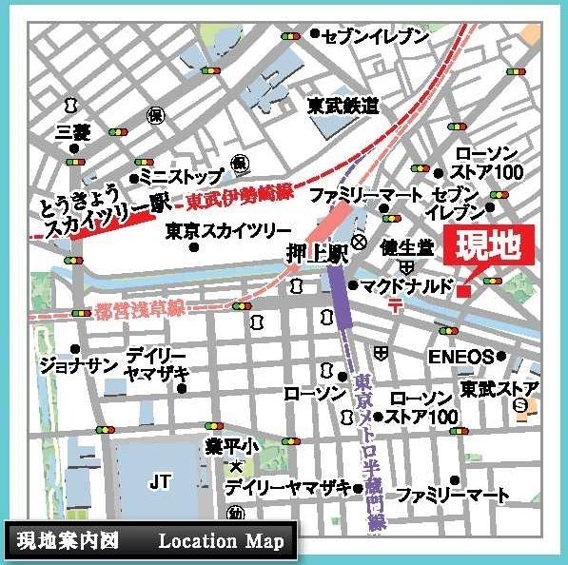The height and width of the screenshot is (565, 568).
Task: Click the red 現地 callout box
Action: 488,248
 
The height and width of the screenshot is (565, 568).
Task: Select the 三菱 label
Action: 73,130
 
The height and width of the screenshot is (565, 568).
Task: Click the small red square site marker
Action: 463,290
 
